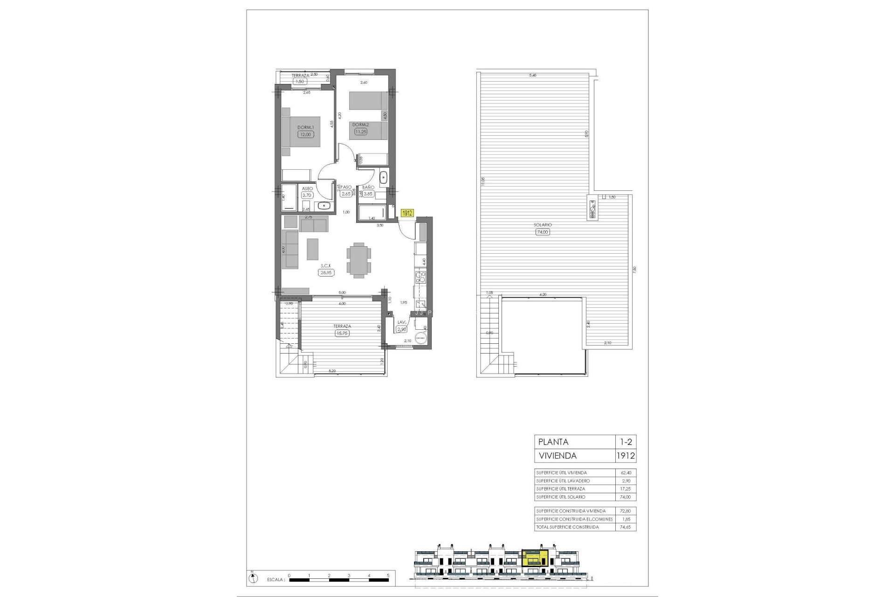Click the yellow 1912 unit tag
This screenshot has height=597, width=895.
coord(407,213)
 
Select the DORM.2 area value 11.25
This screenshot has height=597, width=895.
coord(360,132)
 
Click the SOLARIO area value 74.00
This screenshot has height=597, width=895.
coord(543,231)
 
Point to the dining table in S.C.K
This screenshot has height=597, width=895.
coord(359,260)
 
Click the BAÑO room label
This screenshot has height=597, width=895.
coord(368,187)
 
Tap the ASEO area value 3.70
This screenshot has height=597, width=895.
coord(307,195)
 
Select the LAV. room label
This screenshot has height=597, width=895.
coord(401,322)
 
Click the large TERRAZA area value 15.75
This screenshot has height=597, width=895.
coord(342,333)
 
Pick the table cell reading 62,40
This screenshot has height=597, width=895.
coord(626,472)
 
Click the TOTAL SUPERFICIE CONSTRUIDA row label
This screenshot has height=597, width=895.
coord(567,527)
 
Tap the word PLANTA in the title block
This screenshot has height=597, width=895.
coord(553,442)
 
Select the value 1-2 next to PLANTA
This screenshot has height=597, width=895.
coord(626,442)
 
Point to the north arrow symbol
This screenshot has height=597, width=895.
coord(252,579)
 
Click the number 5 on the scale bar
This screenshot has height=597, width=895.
coord(388,575)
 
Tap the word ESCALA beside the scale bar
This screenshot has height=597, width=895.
coord(276,580)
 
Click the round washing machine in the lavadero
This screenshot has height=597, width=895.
coord(422,339)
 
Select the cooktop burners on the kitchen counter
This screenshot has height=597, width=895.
coord(420,278)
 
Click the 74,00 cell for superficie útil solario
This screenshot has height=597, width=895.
coord(626,497)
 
